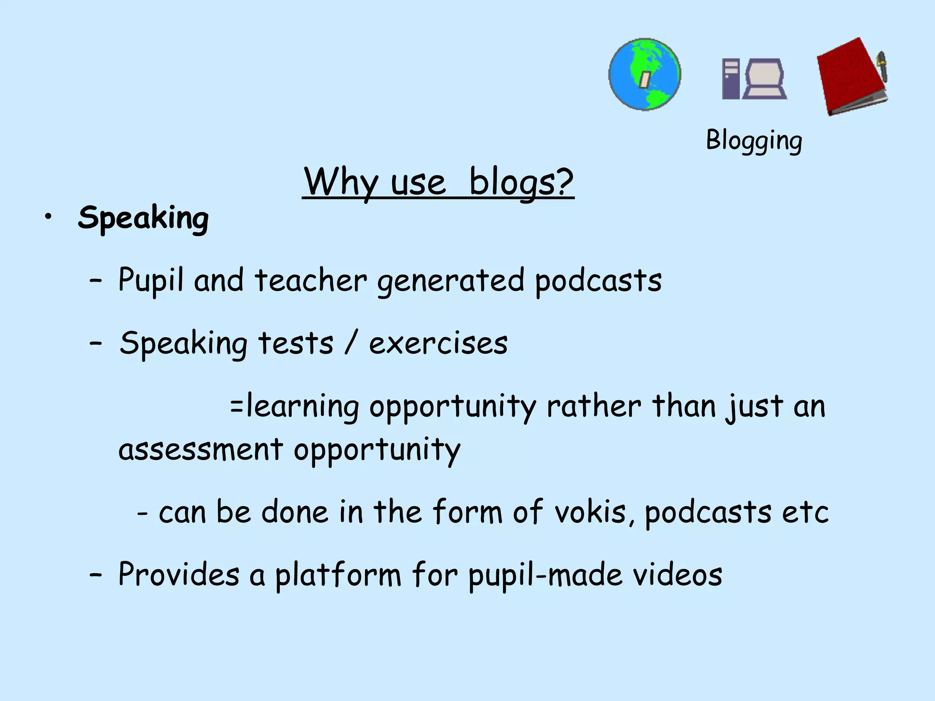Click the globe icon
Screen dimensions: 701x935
click(x=645, y=74)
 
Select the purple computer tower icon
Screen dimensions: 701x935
click(x=730, y=79)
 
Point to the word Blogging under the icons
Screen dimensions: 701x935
click(x=754, y=141)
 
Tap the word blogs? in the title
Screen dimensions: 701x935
click(x=521, y=183)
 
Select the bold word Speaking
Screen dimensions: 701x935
click(x=143, y=218)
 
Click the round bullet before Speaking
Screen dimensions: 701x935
click(x=47, y=217)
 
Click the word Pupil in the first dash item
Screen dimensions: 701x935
click(x=151, y=280)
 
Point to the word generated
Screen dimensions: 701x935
click(x=451, y=281)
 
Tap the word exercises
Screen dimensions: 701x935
click(x=438, y=343)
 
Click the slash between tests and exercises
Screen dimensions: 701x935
click(x=351, y=343)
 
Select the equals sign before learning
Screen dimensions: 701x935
click(x=236, y=406)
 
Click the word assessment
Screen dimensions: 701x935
click(x=200, y=450)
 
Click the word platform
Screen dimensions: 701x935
click(x=338, y=575)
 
